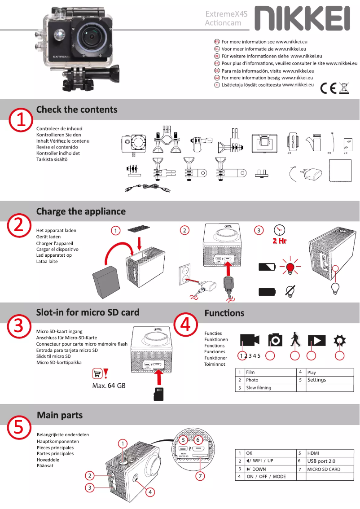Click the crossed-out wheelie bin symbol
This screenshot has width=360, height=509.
coord(344,88)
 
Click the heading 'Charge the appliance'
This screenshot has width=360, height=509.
coord(81,211)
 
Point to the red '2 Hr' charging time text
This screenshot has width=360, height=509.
coord(279,241)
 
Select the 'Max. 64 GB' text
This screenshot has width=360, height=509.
coord(109,386)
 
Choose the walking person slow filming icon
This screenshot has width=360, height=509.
coord(294,339)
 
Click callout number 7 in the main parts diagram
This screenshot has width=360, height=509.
coord(200,475)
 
